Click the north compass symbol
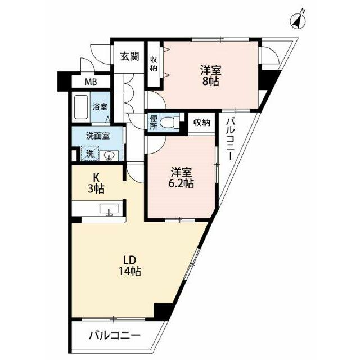(298, 21)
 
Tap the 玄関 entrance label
(130, 56)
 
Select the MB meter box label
(91, 82)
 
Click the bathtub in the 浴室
(81, 107)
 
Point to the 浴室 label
(100, 107)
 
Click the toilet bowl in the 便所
(169, 122)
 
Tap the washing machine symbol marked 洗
(89, 154)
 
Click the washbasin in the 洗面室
(109, 156)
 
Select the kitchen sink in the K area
(109, 209)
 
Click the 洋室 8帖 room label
(211, 75)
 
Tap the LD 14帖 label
(130, 265)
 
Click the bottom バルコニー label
(115, 336)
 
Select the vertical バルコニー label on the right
(230, 139)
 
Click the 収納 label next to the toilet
(201, 123)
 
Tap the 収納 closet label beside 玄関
(154, 64)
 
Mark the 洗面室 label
(98, 136)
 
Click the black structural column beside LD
(163, 312)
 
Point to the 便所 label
(154, 122)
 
